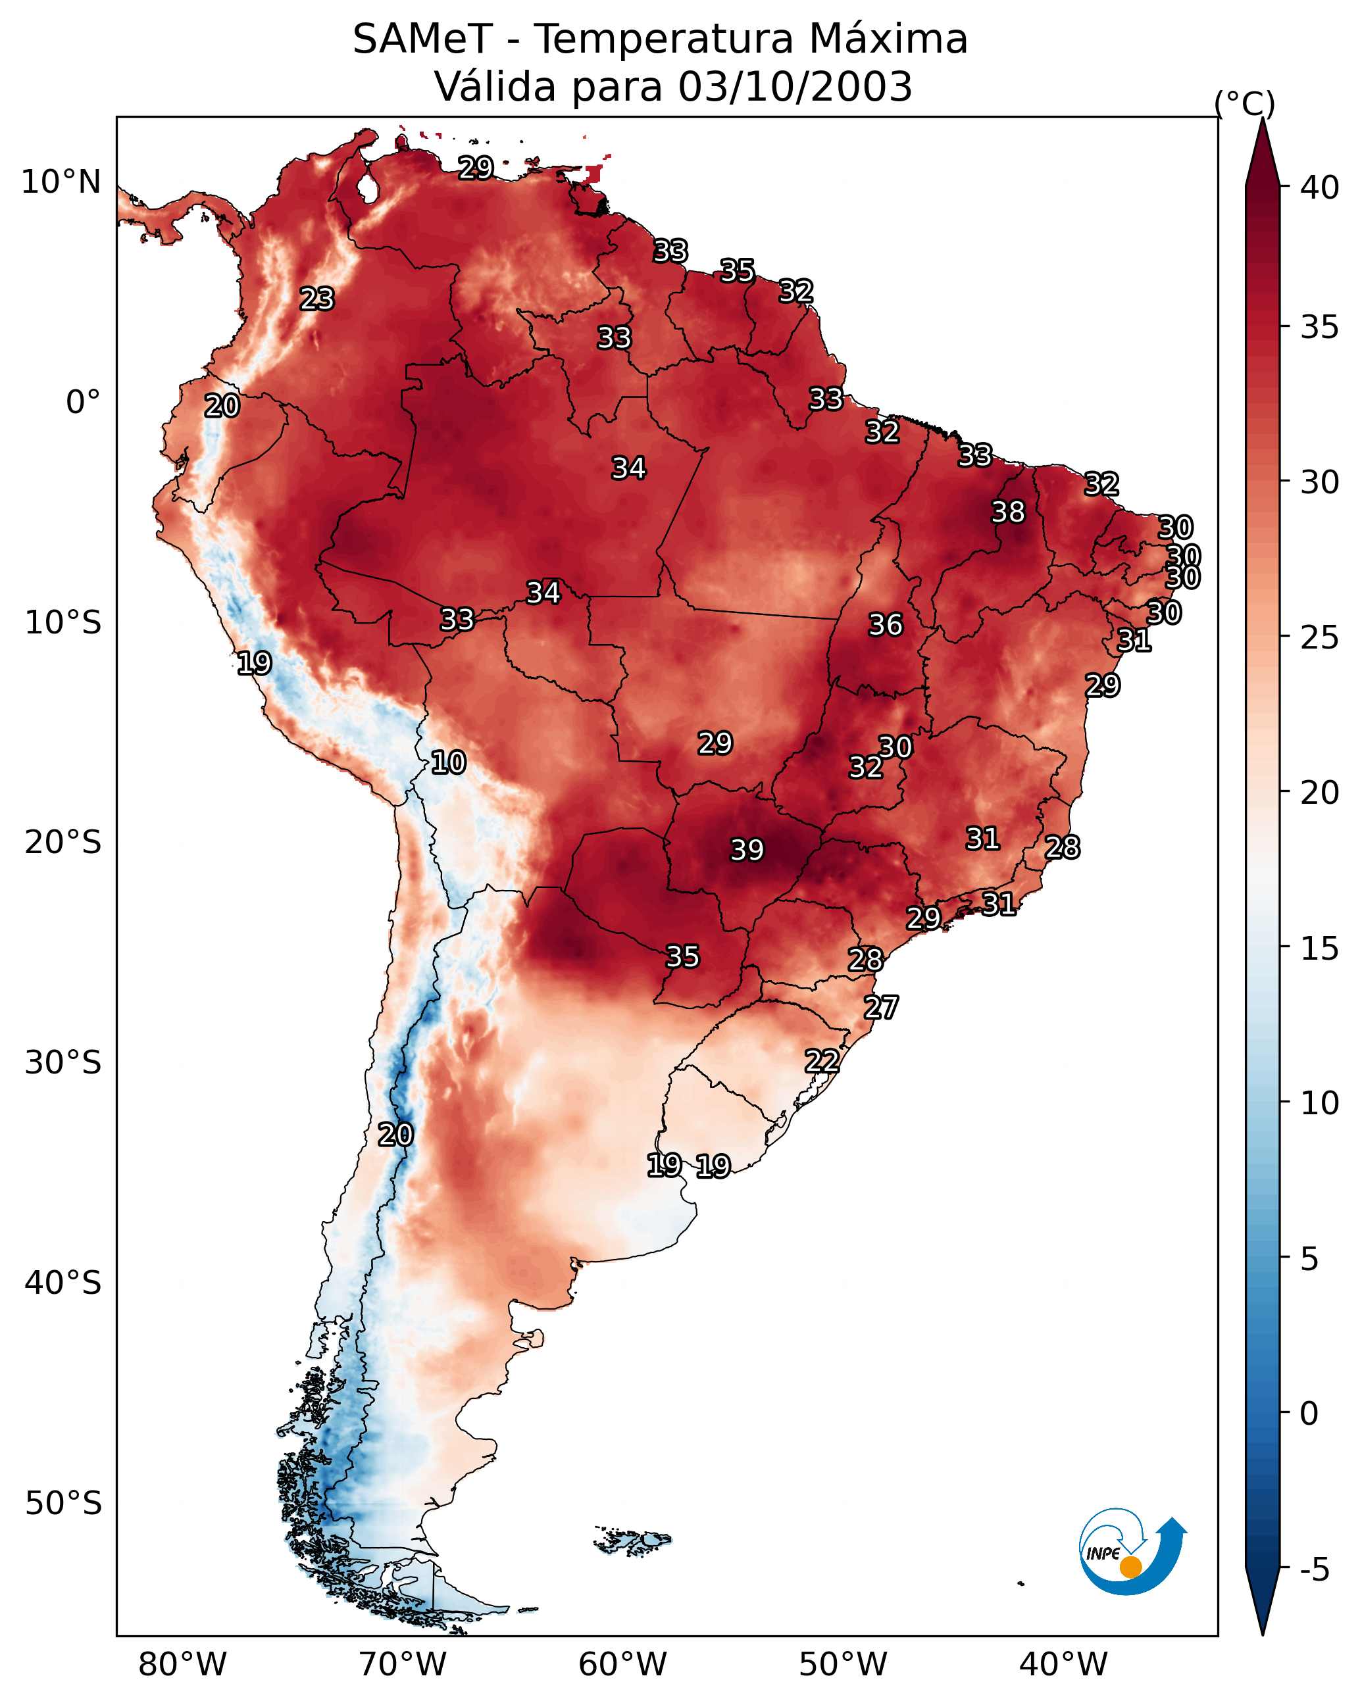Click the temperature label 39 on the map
(747, 850)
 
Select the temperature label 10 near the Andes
(448, 762)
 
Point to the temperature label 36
(885, 625)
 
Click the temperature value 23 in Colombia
(317, 299)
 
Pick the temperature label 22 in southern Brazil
(822, 1060)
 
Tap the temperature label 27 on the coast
(881, 1008)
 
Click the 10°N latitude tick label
(61, 182)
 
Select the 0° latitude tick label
(83, 403)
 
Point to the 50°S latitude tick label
(63, 1504)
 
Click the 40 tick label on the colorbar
(1320, 187)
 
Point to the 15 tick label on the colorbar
(1320, 949)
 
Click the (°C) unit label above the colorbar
(1245, 103)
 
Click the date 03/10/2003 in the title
(795, 87)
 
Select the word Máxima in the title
(888, 39)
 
